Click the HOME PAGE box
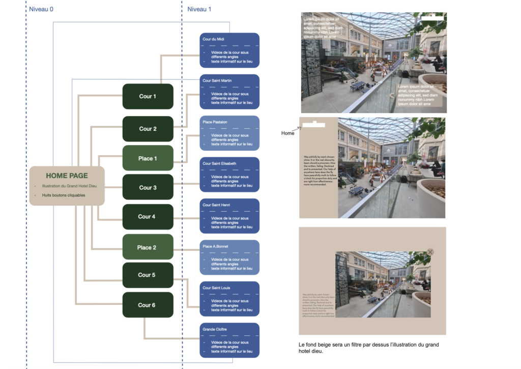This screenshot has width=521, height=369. pos(67,186)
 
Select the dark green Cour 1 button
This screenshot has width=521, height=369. pos(148,96)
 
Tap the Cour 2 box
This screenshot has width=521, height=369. pos(148,129)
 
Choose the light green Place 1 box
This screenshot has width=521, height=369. pos(148,158)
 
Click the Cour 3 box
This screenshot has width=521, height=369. pos(148,187)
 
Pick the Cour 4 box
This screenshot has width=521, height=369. pos(148,216)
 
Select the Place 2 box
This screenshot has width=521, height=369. pos(148,247)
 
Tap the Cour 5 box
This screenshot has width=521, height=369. pos(148,275)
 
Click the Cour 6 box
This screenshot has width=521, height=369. pos(148,305)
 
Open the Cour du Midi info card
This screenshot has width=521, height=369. pos(229,50)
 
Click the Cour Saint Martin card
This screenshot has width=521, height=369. pos(229,92)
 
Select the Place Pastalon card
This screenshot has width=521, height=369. pos(229,133)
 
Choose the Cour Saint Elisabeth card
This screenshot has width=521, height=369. pos(229,175)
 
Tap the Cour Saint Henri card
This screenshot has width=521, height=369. pos(229,216)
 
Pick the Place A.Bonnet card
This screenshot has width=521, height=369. pos(229,258)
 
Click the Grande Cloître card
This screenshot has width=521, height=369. pos(229,340)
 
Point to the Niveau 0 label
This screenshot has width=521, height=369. pos(41,9)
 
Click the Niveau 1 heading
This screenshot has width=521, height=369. pos(199,9)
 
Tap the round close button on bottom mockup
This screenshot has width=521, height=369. pos(430,252)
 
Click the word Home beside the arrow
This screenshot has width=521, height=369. pos(287,133)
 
